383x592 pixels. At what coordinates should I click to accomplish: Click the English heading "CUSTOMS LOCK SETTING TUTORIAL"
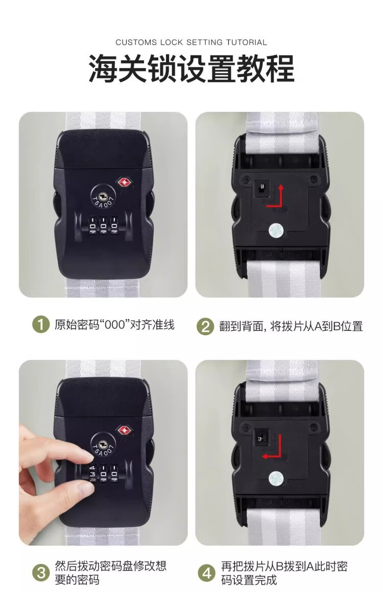pos(191,42)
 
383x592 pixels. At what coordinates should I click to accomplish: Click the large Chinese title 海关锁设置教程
pos(191,69)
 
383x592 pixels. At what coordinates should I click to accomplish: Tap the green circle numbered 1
pos(41,325)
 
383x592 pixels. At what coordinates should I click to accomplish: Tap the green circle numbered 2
pos(205,326)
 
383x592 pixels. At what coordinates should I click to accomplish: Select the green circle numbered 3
pos(41,573)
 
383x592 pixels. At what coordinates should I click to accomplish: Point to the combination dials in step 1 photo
pos(103,225)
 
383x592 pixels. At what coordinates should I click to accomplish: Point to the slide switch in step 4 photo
pos(260,437)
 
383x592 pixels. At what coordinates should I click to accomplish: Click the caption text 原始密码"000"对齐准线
pos(114,325)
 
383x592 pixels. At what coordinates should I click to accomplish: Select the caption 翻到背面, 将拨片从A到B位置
pos(291,326)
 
